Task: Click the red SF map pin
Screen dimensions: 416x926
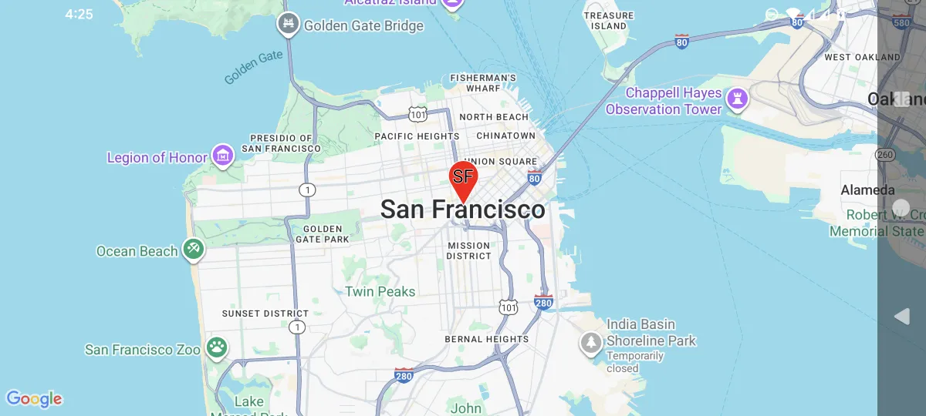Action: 463,178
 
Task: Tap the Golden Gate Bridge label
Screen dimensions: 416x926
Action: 363,25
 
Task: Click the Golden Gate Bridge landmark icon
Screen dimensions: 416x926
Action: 288,25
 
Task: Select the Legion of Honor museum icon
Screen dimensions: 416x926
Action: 223,156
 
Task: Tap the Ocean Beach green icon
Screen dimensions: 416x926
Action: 192,249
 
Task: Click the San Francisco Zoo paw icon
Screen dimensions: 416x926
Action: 217,347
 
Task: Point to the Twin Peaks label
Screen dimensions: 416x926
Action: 380,292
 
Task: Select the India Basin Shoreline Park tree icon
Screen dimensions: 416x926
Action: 591,342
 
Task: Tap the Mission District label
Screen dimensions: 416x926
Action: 468,250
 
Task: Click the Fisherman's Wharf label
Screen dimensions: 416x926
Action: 483,82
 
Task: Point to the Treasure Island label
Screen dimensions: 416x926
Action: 609,21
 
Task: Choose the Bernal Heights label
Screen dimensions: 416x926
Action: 486,339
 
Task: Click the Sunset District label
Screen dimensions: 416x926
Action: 265,314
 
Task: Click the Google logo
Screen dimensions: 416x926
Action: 34,399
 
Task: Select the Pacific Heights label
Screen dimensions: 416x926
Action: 417,136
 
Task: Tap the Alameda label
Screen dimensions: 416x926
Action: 867,190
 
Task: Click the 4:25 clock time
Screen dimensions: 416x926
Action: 79,14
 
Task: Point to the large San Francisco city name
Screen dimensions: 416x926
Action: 463,210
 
